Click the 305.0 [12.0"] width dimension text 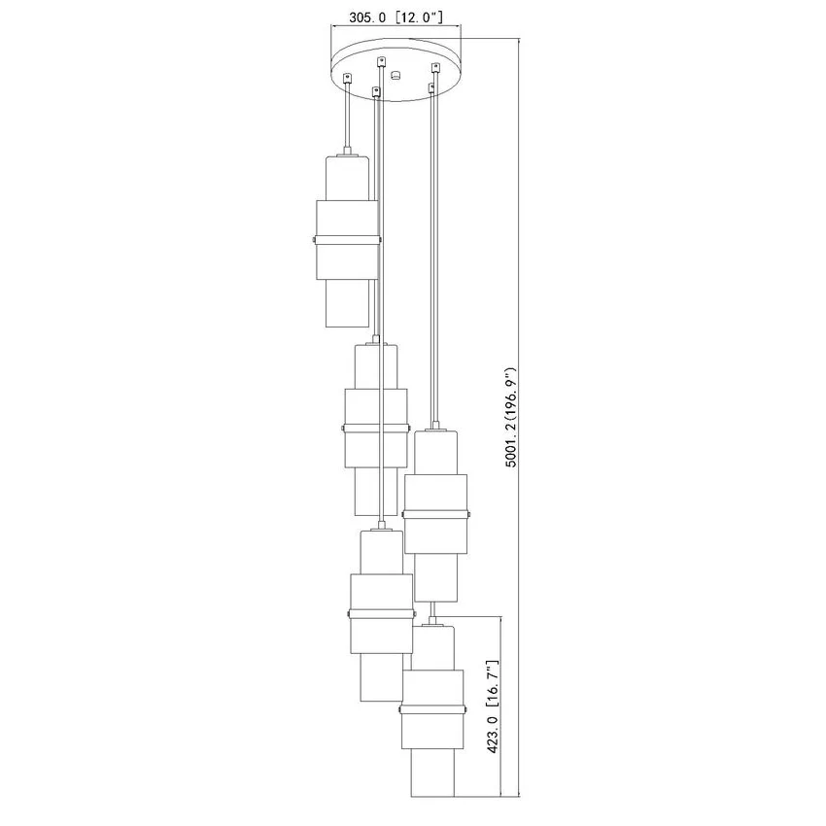[x=396, y=17]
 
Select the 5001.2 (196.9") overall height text [x=510, y=417]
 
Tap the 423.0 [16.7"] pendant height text [x=492, y=706]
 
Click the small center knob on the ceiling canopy [x=396, y=75]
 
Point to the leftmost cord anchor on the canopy [x=347, y=78]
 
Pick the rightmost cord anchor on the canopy [x=435, y=67]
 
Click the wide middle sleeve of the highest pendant [x=347, y=240]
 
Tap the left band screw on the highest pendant [x=314, y=240]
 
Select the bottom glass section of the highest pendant [x=346, y=303]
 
